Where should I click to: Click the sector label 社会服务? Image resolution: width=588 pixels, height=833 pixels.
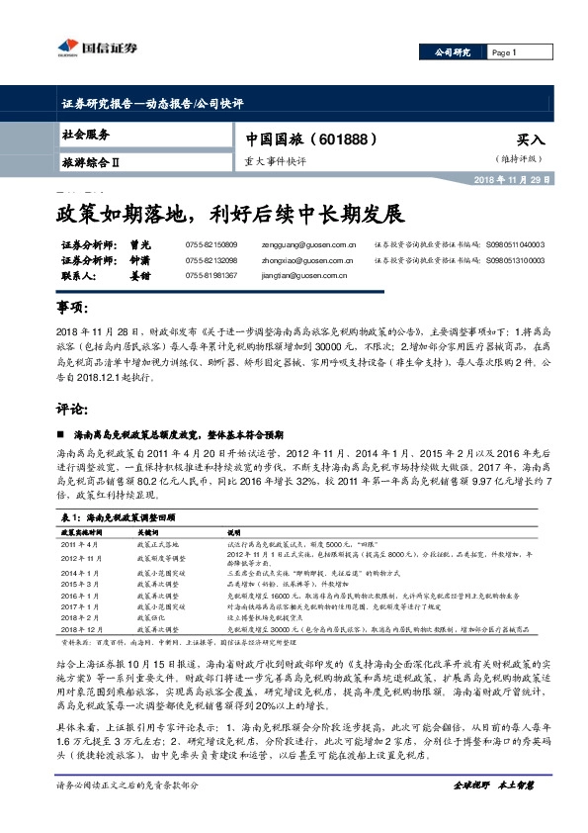tap(86, 134)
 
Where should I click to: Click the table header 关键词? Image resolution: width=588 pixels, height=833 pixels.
tap(148, 532)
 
